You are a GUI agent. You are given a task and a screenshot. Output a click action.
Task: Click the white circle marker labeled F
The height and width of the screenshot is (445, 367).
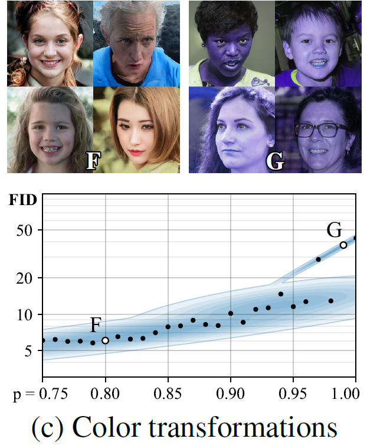pos(105,340)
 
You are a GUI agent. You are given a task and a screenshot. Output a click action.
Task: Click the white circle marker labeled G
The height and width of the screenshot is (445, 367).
pos(343,245)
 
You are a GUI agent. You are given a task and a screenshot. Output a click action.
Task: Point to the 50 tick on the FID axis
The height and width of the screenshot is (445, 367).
pos(24,230)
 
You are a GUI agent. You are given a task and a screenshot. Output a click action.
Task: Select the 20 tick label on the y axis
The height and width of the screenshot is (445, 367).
pos(24,278)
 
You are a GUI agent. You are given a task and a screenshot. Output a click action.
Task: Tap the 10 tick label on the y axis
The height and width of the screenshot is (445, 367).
pos(24,315)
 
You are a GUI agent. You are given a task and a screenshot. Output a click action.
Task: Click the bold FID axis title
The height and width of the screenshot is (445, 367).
pos(22,199)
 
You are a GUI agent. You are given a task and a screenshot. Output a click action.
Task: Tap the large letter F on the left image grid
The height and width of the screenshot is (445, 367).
pos(93,161)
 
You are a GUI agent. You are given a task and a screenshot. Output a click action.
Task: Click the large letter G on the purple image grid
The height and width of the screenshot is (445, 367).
pos(274,161)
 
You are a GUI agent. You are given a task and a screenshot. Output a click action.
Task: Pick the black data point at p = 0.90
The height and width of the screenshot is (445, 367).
pos(231,313)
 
